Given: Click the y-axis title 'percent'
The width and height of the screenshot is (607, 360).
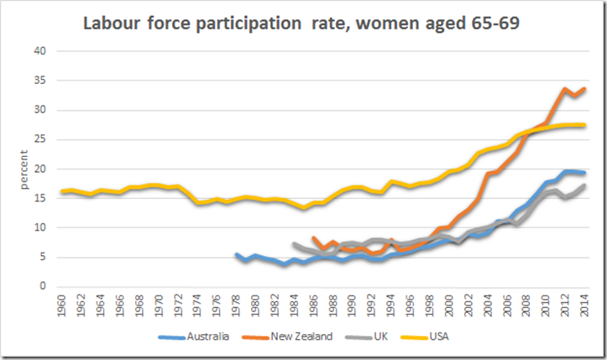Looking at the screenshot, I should coord(14,169).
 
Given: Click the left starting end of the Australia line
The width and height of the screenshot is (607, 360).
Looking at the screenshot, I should coord(236,254).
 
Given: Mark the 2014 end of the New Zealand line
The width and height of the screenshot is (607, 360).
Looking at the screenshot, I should coord(583,89).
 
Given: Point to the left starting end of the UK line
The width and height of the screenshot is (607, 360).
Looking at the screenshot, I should coord(295,244).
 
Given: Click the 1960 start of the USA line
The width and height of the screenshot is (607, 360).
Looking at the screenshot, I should coord(61,191).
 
